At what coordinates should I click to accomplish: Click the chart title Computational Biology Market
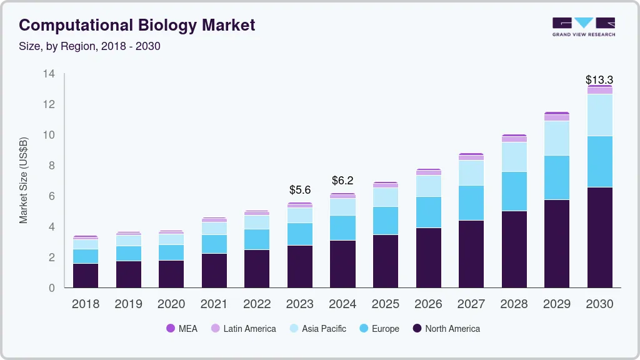[137, 25]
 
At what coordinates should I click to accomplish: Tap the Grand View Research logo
[583, 26]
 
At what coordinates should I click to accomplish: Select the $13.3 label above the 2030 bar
[599, 80]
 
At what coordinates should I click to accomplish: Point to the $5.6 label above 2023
[300, 190]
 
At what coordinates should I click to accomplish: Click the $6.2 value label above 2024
[343, 181]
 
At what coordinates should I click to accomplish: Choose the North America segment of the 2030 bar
[599, 237]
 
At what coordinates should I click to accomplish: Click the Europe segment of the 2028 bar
[514, 191]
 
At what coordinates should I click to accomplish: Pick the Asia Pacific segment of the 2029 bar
[556, 138]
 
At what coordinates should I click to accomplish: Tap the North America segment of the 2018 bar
[86, 275]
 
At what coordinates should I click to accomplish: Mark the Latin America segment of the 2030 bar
[599, 91]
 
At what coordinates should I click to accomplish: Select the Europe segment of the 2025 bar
[386, 221]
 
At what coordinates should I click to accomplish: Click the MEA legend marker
[171, 328]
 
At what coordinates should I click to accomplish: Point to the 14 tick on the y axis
[49, 74]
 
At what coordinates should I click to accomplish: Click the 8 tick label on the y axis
[52, 166]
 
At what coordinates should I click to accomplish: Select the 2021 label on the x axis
[214, 304]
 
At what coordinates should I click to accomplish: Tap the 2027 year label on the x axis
[471, 304]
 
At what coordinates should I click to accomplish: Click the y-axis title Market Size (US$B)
[24, 180]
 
